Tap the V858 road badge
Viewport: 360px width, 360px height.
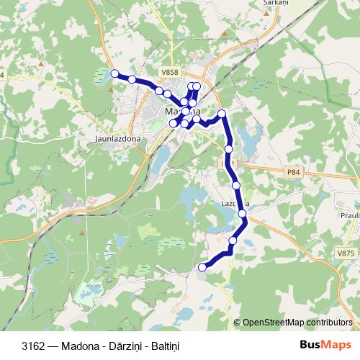tap(171, 72)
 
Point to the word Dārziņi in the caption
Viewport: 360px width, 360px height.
tap(118, 346)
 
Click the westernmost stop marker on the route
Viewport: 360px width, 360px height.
tap(114, 73)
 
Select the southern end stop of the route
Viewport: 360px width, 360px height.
tap(202, 267)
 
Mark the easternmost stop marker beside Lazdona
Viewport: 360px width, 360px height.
tap(243, 213)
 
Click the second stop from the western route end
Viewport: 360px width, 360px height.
tap(132, 79)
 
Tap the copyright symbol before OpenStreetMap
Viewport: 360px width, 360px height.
tap(238, 322)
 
